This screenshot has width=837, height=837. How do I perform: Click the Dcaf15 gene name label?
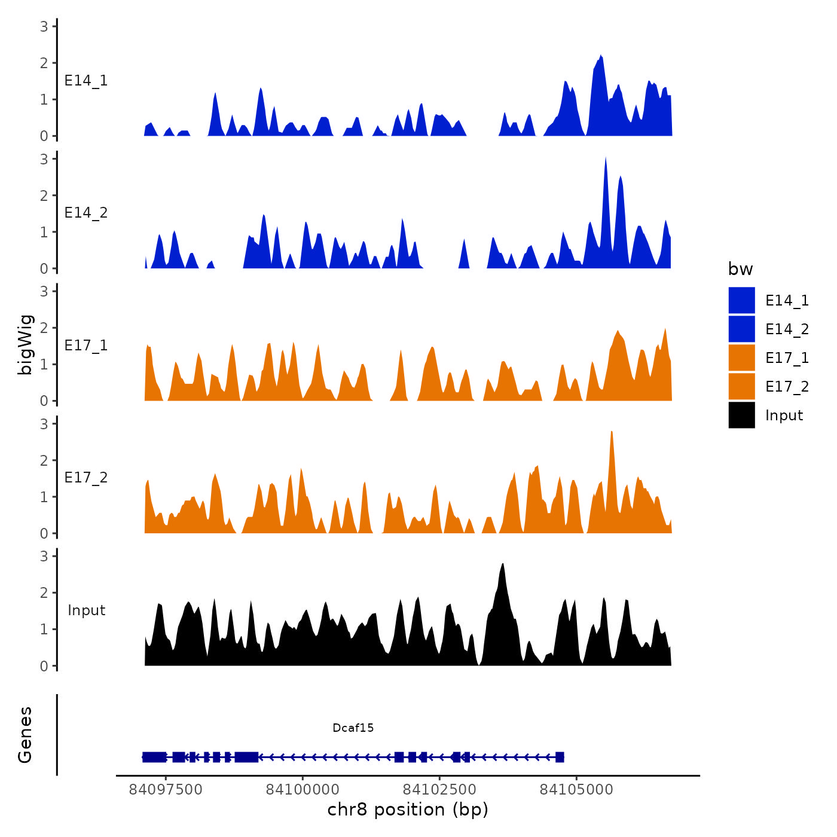point(353,728)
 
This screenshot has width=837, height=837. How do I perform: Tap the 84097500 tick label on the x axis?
point(166,790)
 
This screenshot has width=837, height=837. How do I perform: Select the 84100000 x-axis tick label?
point(303,790)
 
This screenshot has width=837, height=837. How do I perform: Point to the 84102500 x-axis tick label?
point(439,790)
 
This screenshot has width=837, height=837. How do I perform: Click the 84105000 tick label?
point(576,790)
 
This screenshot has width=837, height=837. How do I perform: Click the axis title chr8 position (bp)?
point(408,809)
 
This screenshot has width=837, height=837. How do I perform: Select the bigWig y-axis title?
point(25,345)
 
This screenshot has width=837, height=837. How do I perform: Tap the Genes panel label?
point(25,735)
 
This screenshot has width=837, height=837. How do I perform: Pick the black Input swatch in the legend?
point(741,415)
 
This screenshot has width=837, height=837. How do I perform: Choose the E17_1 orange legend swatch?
point(741,358)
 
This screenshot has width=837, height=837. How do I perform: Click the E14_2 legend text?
point(787,329)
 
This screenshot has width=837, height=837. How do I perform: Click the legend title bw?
point(740,269)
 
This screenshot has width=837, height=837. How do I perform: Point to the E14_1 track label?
point(86,81)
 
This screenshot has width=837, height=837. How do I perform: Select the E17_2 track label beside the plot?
point(86,478)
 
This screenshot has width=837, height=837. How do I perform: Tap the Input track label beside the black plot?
point(86,610)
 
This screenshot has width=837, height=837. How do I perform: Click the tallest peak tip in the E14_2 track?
point(606,158)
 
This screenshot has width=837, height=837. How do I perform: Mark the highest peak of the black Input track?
point(503,564)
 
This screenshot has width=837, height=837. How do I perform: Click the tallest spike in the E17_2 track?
point(611,432)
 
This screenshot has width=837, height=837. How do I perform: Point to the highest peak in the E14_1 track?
point(601,56)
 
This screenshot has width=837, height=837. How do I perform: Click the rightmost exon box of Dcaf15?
point(560,757)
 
